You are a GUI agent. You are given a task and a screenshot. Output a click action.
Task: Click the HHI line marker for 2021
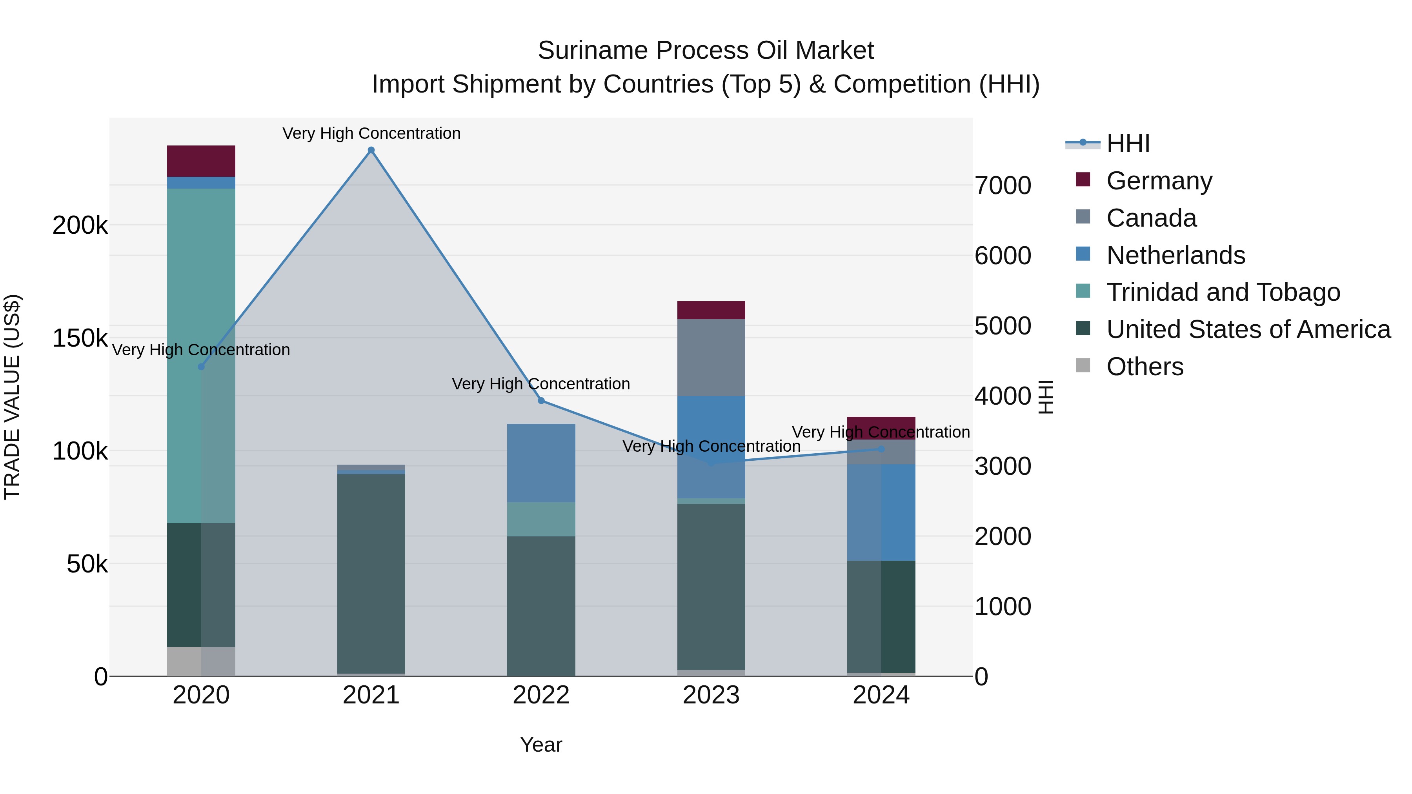pos(371,150)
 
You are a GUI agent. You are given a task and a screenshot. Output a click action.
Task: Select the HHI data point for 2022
pos(541,401)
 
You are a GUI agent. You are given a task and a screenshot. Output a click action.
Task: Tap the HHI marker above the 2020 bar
pos(201,367)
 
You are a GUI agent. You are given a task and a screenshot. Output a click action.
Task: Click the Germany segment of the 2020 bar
pos(201,161)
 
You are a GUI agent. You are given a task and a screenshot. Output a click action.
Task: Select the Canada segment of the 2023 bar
pos(711,357)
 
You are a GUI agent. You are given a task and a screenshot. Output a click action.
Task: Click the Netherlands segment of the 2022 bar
pos(541,463)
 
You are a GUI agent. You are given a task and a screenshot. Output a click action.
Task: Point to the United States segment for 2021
pos(371,572)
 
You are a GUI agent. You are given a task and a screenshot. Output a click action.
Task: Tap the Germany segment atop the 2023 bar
pos(711,310)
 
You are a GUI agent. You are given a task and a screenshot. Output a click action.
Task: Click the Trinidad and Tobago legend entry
pos(1222,292)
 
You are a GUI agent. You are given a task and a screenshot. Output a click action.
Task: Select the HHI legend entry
pos(1128,144)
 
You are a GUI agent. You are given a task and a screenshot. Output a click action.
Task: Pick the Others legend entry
pos(1145,367)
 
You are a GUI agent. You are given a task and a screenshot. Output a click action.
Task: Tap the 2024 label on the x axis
pos(881,695)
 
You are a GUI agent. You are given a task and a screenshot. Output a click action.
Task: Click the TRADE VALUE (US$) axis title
pos(12,397)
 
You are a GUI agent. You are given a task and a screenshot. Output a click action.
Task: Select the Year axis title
pos(541,745)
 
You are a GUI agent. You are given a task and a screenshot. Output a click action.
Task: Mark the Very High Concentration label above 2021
pos(371,133)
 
